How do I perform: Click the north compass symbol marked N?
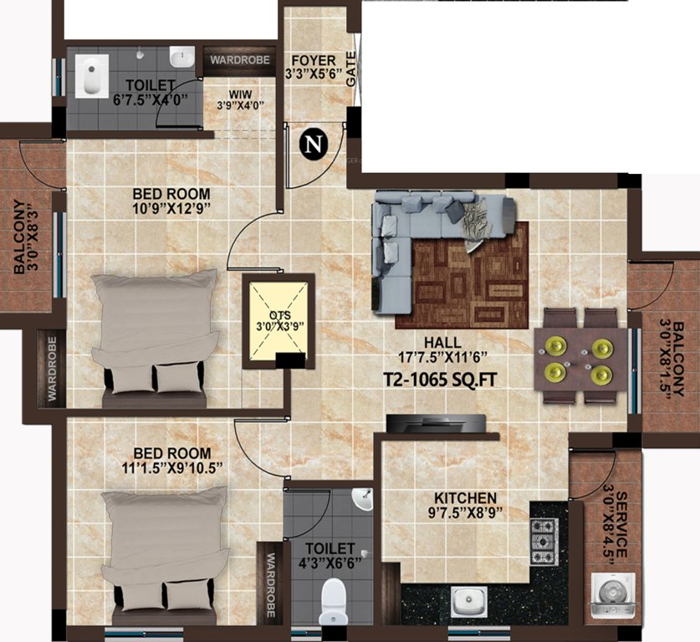(313, 145)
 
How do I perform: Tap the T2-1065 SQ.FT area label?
(441, 380)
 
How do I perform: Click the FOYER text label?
(313, 60)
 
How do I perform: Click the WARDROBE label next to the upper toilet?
(239, 60)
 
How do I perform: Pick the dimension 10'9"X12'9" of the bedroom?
(171, 206)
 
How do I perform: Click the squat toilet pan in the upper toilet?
(89, 74)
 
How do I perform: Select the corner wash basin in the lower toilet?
(362, 500)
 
